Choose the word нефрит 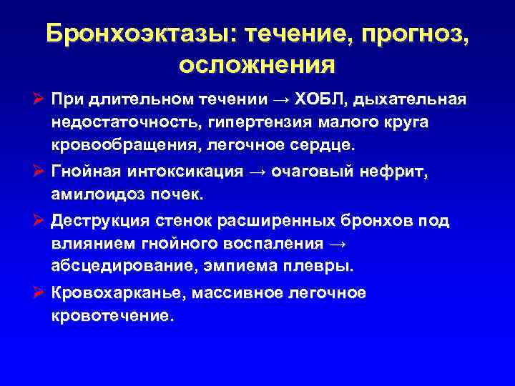400,171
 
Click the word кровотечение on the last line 112,315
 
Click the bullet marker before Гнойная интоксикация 39,171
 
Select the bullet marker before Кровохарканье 39,292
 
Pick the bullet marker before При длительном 39,99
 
